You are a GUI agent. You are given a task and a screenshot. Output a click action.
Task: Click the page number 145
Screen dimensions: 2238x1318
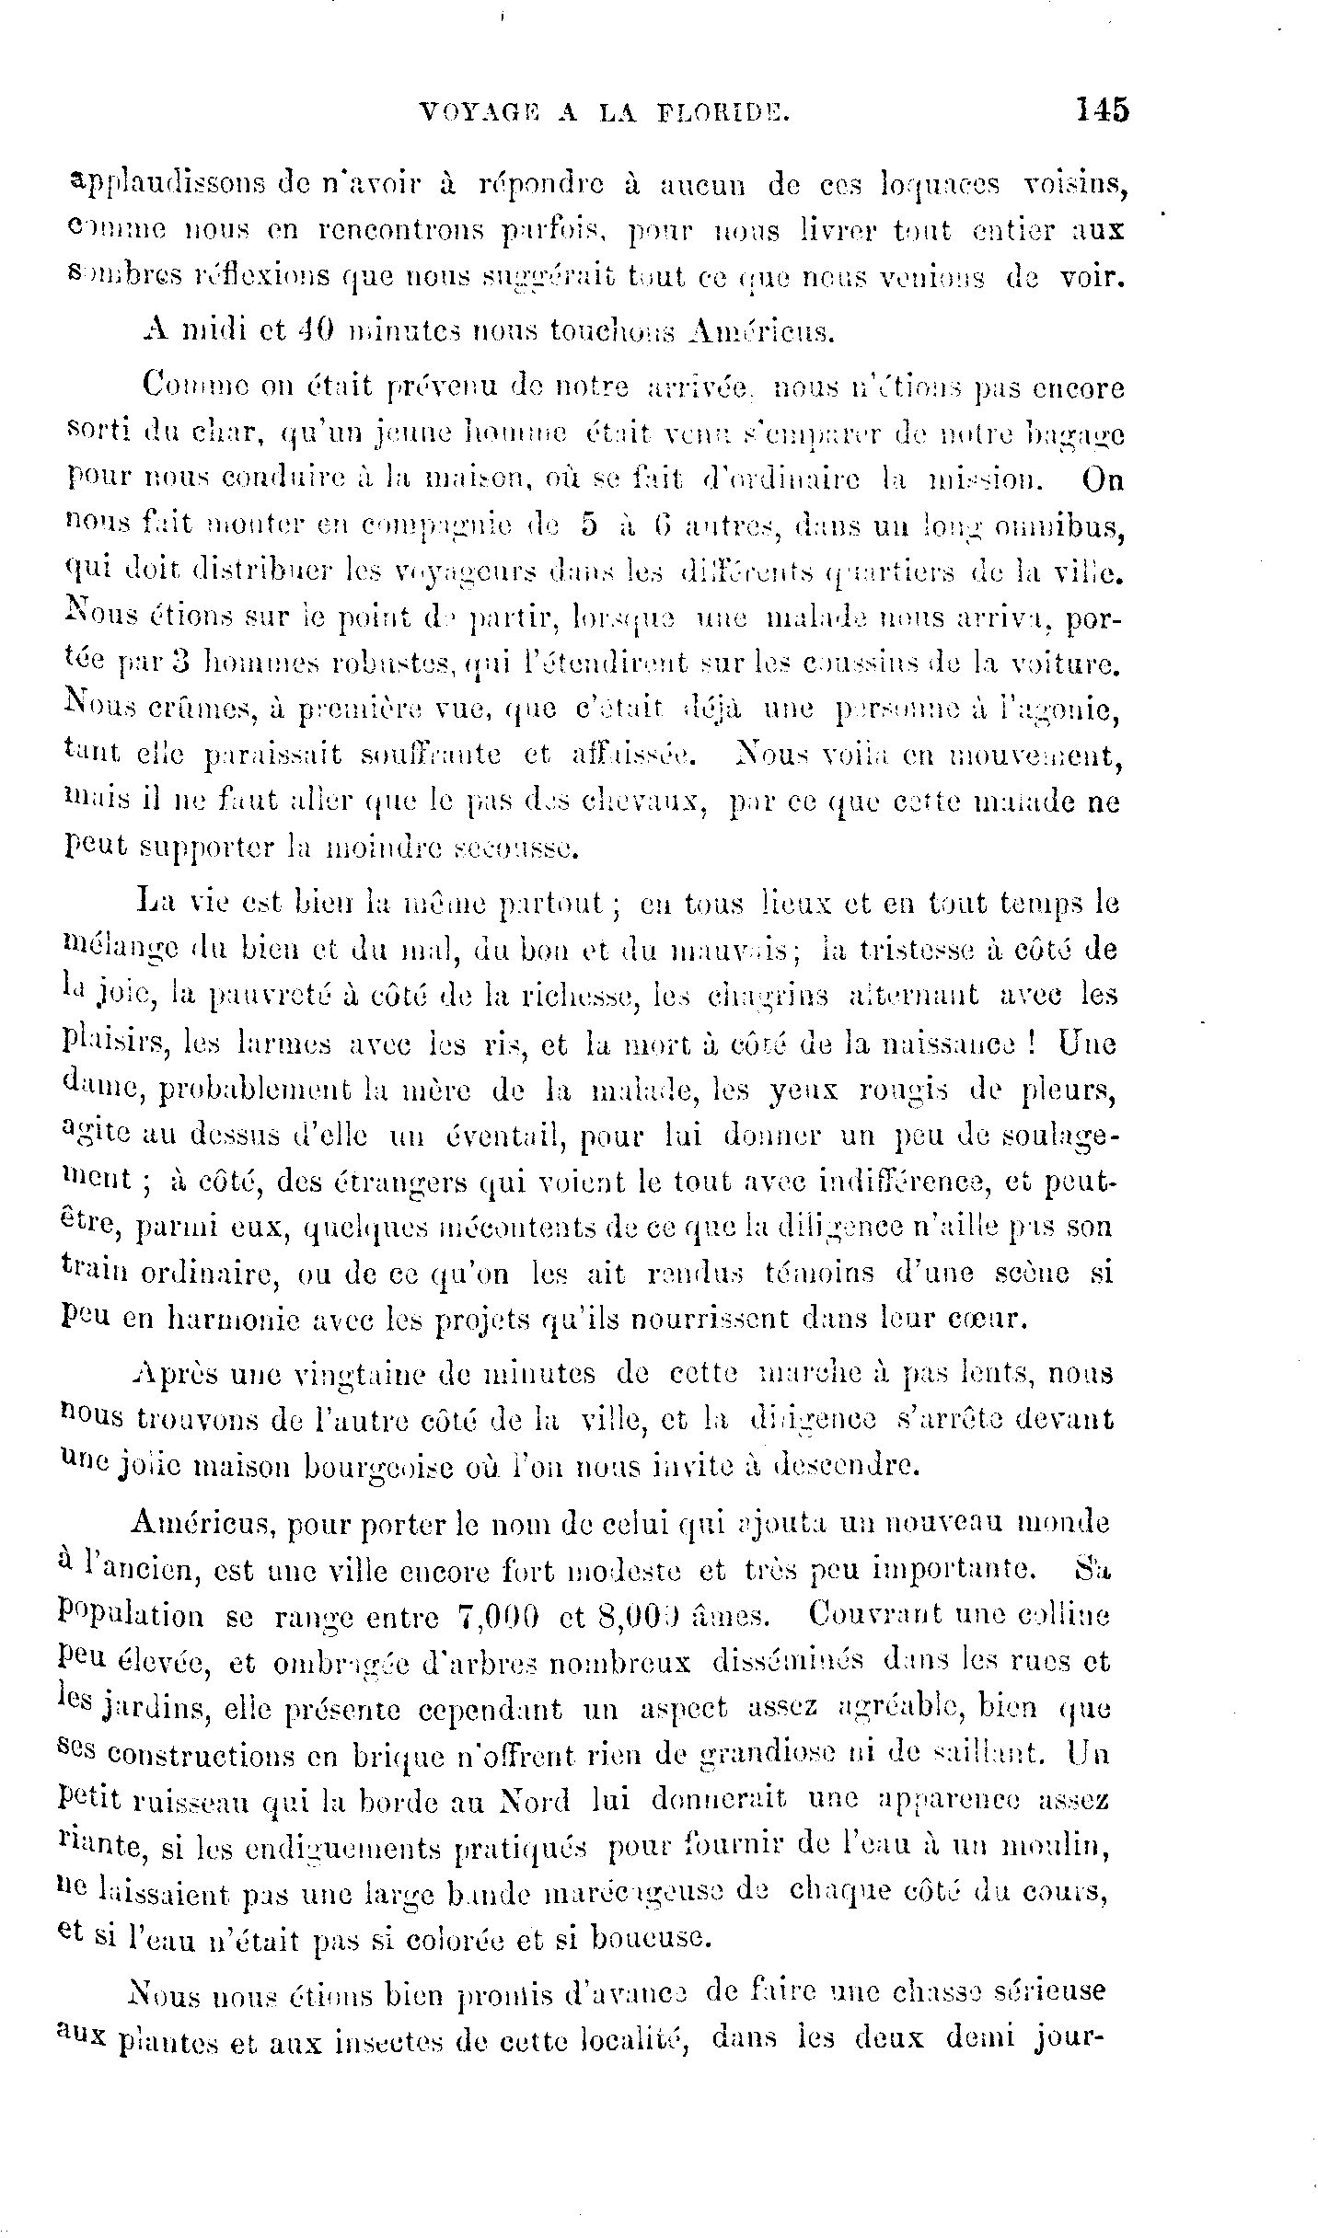(1100, 110)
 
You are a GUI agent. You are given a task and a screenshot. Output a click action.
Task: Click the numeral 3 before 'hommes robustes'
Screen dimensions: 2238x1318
(182, 661)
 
